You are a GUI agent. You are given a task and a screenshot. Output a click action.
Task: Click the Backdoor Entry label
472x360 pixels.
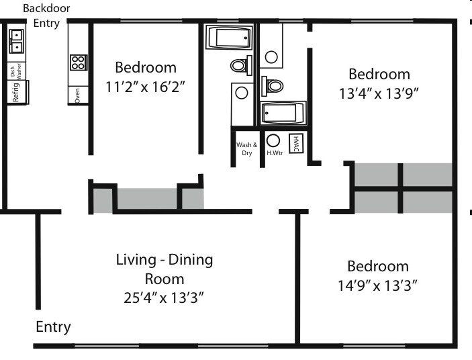click(x=46, y=15)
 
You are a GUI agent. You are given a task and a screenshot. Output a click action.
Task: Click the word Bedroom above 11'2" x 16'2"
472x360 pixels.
click(x=146, y=67)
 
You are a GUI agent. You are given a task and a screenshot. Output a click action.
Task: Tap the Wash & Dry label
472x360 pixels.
click(x=246, y=148)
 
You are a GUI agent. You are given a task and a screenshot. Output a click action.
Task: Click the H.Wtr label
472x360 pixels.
click(x=273, y=153)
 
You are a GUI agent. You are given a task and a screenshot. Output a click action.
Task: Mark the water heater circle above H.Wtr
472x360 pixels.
click(x=273, y=141)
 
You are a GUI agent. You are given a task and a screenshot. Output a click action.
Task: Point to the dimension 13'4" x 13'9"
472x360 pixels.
click(x=379, y=93)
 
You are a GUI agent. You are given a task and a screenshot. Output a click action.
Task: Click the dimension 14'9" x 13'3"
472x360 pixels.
click(x=377, y=285)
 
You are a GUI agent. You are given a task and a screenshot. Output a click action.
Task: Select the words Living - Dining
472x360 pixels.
click(x=164, y=259)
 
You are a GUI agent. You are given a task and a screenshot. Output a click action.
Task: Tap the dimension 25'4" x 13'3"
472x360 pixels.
click(x=164, y=297)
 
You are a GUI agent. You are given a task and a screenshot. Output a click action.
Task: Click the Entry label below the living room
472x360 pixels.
click(x=53, y=327)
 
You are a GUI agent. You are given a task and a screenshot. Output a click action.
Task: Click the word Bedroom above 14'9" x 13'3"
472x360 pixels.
click(x=377, y=266)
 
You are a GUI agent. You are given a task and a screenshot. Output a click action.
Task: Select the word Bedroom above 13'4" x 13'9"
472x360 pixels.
click(x=379, y=74)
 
